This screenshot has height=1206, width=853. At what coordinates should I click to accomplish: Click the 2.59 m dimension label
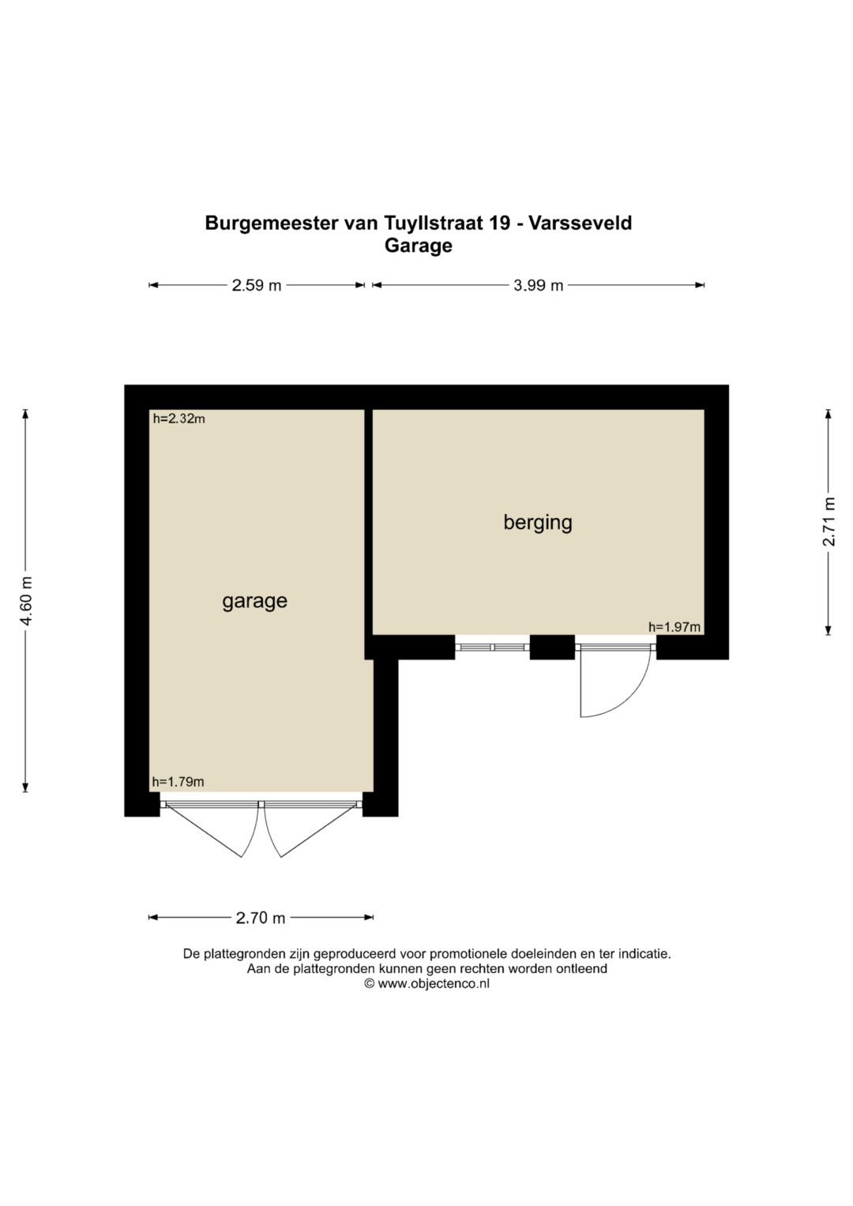257,285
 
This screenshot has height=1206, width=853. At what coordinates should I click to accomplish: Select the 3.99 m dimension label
538,285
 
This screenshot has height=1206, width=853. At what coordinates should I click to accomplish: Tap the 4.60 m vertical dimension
26,600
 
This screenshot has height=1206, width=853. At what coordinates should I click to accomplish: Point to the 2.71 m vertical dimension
829,521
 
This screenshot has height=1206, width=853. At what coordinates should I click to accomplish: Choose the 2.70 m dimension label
260,918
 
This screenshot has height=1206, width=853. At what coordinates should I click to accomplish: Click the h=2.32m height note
178,419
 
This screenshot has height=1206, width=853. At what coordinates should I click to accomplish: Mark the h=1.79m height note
178,782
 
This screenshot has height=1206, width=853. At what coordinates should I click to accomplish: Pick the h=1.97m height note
675,626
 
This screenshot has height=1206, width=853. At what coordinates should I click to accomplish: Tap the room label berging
537,523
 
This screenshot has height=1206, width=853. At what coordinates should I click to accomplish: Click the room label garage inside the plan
254,601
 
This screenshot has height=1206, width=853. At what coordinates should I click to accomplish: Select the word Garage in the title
419,246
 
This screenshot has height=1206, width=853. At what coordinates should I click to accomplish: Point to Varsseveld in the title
580,223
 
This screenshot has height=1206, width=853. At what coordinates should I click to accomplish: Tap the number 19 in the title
499,223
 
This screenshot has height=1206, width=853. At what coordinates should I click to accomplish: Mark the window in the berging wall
492,647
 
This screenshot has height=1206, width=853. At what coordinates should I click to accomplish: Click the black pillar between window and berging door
552,647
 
